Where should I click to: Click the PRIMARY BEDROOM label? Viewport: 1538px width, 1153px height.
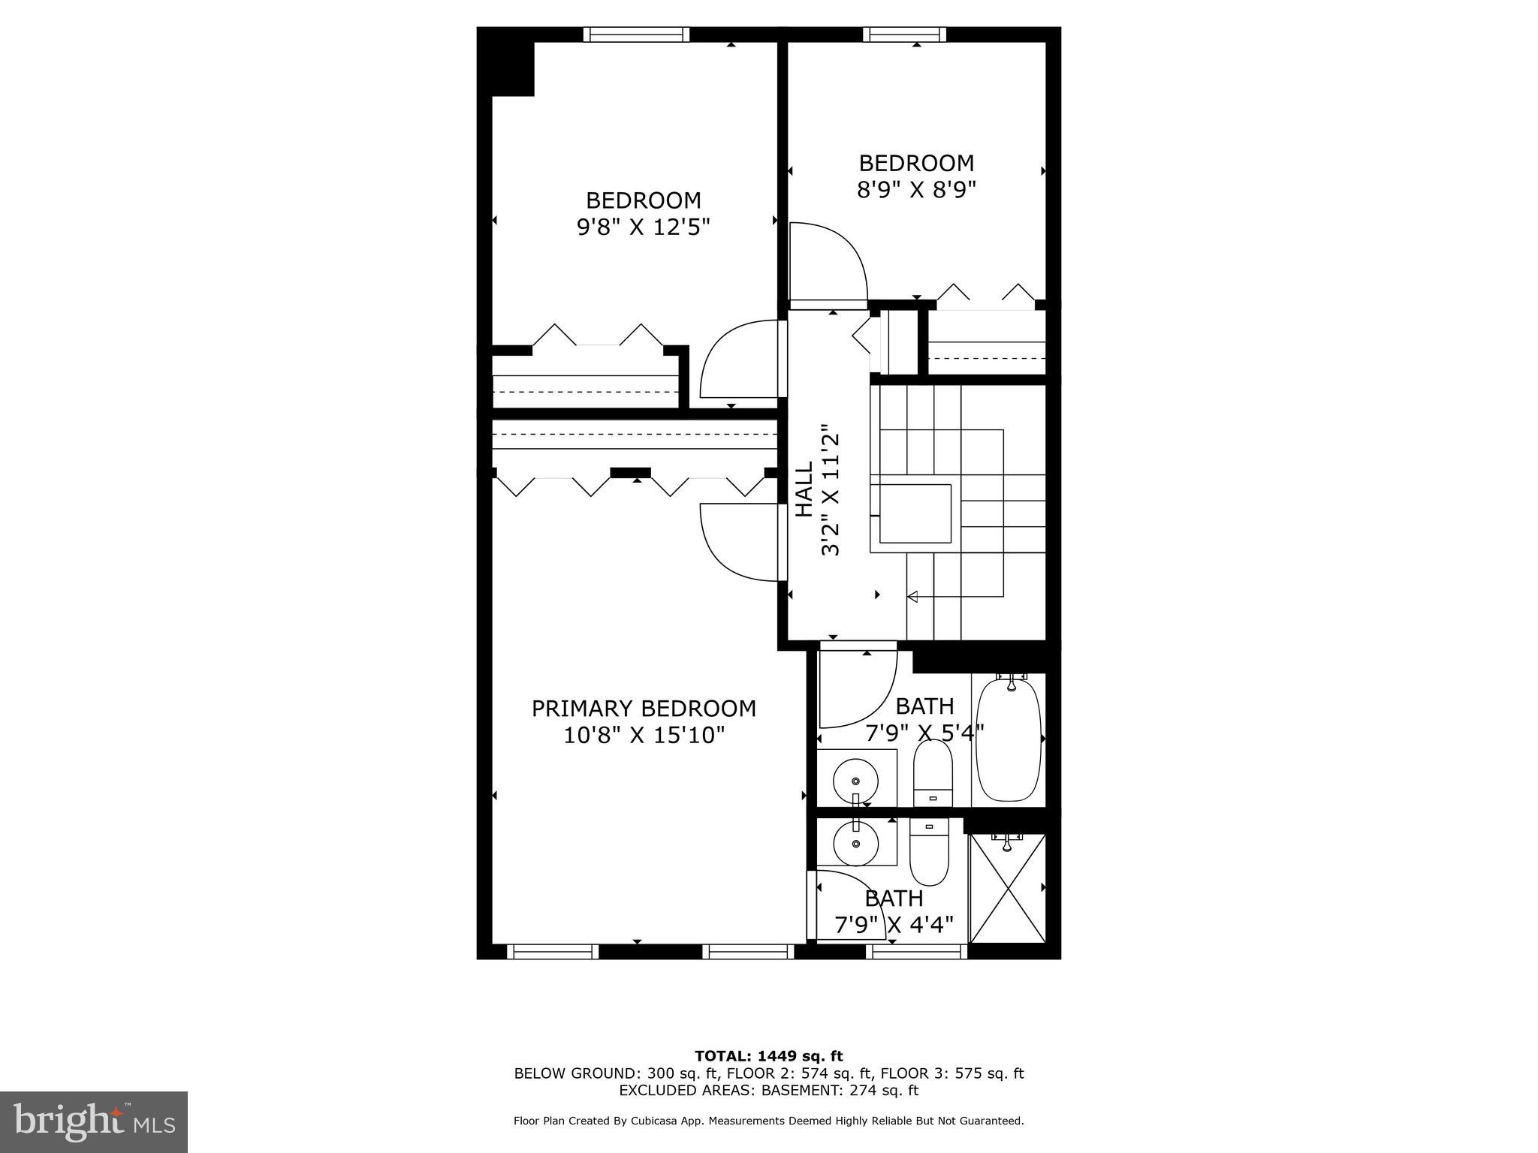(x=644, y=709)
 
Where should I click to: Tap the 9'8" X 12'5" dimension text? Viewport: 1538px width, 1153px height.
(x=643, y=227)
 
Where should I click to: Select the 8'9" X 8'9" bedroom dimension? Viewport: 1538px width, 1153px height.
(x=916, y=189)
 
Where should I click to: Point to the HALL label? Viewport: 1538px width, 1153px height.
(x=804, y=489)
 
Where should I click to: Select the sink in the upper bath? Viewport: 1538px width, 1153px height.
(x=856, y=777)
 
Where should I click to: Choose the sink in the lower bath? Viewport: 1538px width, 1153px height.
(x=856, y=842)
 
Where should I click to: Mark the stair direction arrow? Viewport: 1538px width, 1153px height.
(x=913, y=597)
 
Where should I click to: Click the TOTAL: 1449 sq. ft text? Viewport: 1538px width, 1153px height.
(x=768, y=1056)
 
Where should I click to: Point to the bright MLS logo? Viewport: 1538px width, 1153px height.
(x=94, y=1121)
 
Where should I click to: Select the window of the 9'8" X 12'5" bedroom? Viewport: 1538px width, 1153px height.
(x=636, y=35)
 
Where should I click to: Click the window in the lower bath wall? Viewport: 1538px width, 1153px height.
(x=916, y=952)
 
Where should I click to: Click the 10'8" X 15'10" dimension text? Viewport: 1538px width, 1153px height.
(x=644, y=735)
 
